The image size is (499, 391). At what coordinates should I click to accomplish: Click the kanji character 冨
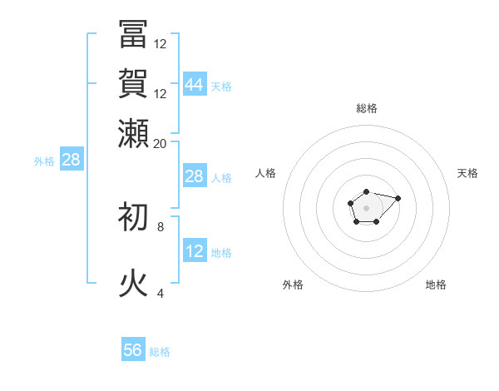pyautogui.click(x=134, y=34)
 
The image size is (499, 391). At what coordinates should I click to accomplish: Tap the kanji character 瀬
pyautogui.click(x=134, y=132)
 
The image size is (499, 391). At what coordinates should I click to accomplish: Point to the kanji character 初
pyautogui.click(x=134, y=216)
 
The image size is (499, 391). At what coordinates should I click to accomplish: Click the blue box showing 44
pyautogui.click(x=195, y=84)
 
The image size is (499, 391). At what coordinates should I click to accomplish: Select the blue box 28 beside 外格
pyautogui.click(x=71, y=160)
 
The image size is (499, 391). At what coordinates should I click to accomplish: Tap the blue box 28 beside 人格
pyautogui.click(x=195, y=176)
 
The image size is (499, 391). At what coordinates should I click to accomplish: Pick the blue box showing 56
pyautogui.click(x=133, y=350)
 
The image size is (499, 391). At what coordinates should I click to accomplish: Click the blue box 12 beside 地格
pyautogui.click(x=195, y=251)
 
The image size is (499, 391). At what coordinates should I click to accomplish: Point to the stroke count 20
pyautogui.click(x=161, y=143)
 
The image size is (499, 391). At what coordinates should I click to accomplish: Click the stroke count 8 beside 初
pyautogui.click(x=161, y=225)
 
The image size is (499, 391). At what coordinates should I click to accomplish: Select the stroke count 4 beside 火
pyautogui.click(x=161, y=293)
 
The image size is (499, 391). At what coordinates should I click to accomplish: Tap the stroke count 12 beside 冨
pyautogui.click(x=161, y=44)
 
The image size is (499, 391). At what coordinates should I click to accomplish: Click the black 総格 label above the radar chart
pyautogui.click(x=367, y=108)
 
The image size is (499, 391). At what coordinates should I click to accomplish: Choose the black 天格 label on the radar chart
pyautogui.click(x=467, y=173)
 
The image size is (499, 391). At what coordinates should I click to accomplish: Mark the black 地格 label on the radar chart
pyautogui.click(x=436, y=285)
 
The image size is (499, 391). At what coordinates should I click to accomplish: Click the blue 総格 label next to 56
pyautogui.click(x=160, y=352)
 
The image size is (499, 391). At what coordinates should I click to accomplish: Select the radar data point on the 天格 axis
pyautogui.click(x=398, y=198)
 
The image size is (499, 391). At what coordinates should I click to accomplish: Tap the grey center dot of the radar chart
pyautogui.click(x=366, y=206)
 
